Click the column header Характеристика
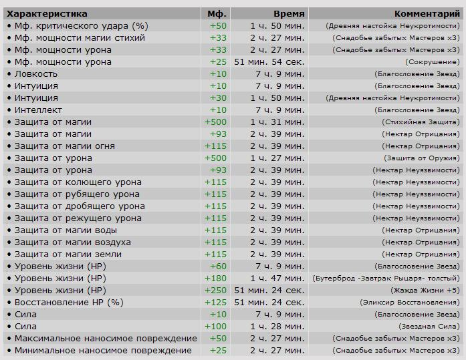(x=47, y=14)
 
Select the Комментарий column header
(x=427, y=14)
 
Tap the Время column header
(x=289, y=14)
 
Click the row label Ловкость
(x=36, y=74)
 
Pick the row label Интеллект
(x=38, y=110)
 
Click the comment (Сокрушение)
(x=433, y=62)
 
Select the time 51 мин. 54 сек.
(x=269, y=62)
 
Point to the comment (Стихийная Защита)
(x=421, y=122)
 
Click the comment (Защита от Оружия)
(x=422, y=158)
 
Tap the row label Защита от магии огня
(x=65, y=146)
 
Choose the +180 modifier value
(x=215, y=279)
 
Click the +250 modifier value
(x=215, y=291)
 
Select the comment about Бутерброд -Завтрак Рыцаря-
(x=386, y=279)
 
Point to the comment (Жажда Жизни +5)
(x=425, y=291)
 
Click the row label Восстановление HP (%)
(x=69, y=303)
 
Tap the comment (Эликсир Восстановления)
(x=410, y=303)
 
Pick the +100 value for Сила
(x=215, y=327)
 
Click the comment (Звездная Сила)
(x=429, y=327)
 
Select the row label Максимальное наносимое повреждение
(x=106, y=339)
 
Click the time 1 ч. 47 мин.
(x=277, y=279)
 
